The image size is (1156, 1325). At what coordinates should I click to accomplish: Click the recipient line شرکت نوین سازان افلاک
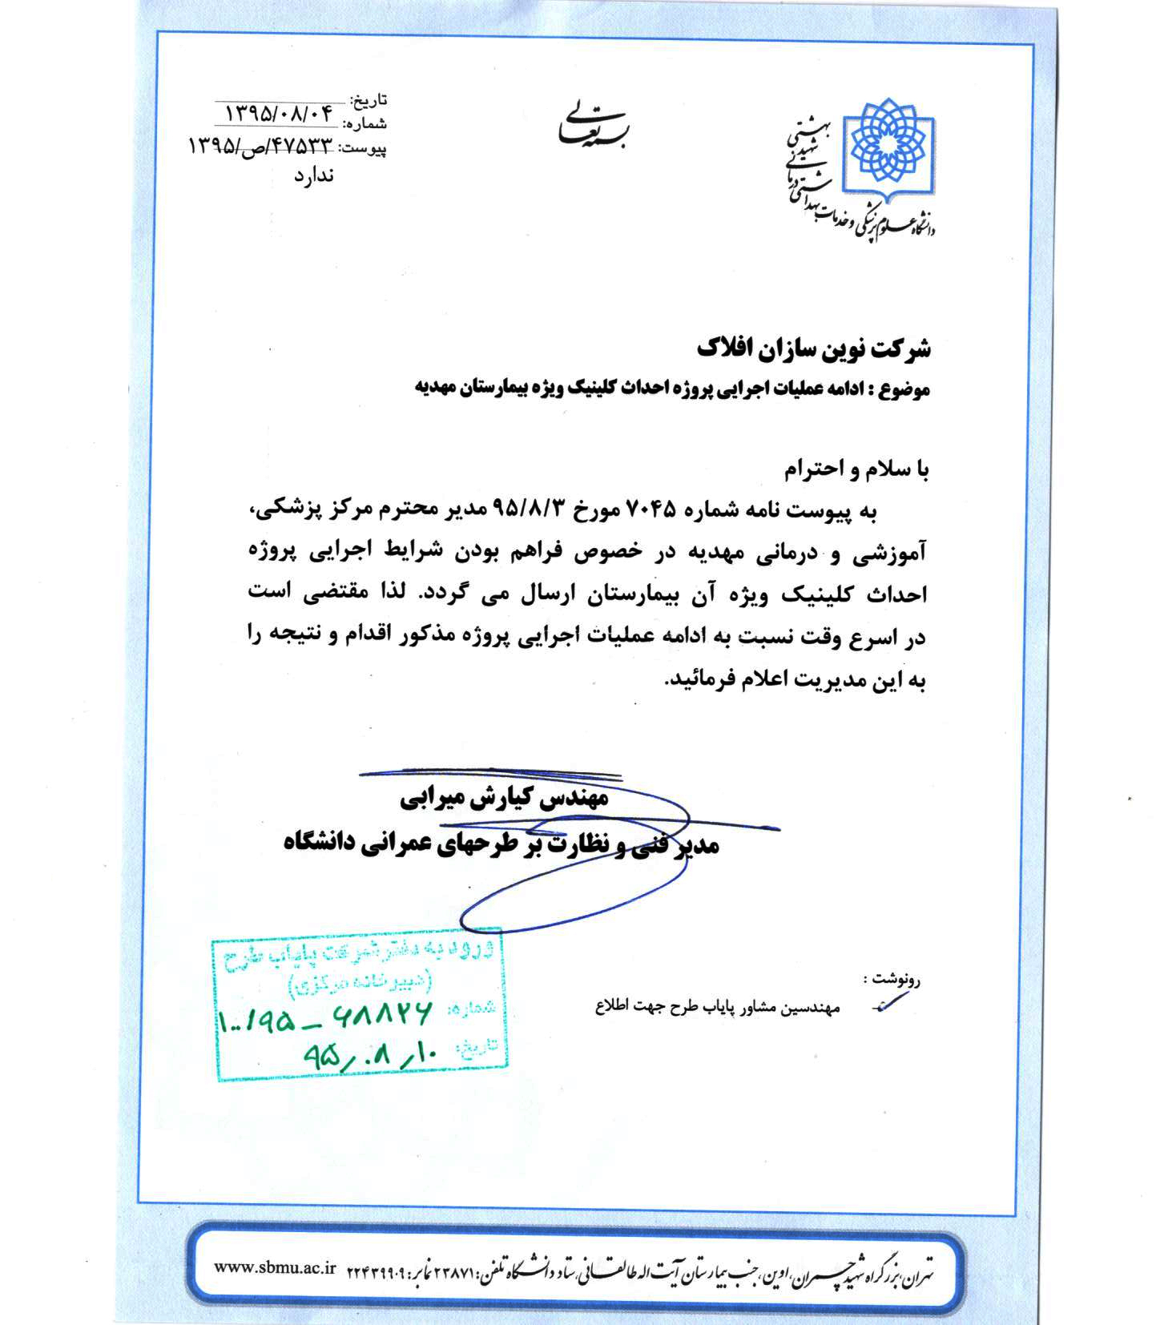tap(813, 349)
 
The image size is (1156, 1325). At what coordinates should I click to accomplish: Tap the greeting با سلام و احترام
tap(855, 470)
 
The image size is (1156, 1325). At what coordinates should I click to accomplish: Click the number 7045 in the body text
tap(651, 509)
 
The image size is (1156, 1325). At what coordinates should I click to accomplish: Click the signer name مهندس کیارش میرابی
tap(505, 799)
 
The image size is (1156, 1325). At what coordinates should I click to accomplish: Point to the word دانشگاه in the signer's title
tap(320, 844)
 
